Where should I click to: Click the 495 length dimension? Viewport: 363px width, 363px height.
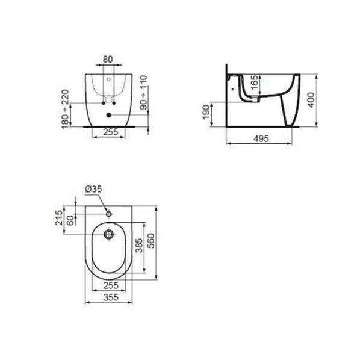260,138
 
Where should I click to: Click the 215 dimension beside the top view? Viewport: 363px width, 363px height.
59,218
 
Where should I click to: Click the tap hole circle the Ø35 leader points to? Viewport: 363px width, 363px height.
108,213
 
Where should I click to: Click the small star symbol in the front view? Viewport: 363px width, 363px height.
108,79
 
